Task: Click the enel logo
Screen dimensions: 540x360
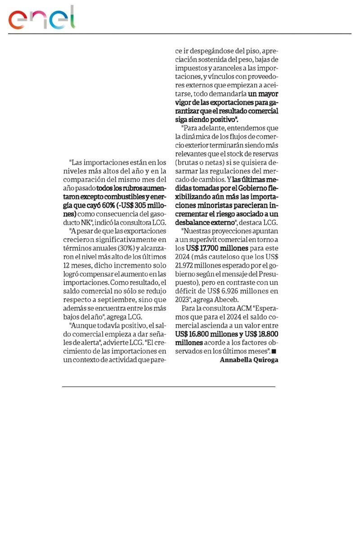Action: tap(42, 18)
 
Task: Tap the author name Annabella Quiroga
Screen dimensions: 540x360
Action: tap(249, 360)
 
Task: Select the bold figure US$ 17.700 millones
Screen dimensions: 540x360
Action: tap(217, 248)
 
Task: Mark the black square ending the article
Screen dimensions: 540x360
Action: tap(274, 351)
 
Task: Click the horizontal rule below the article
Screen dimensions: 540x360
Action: tap(168, 387)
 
